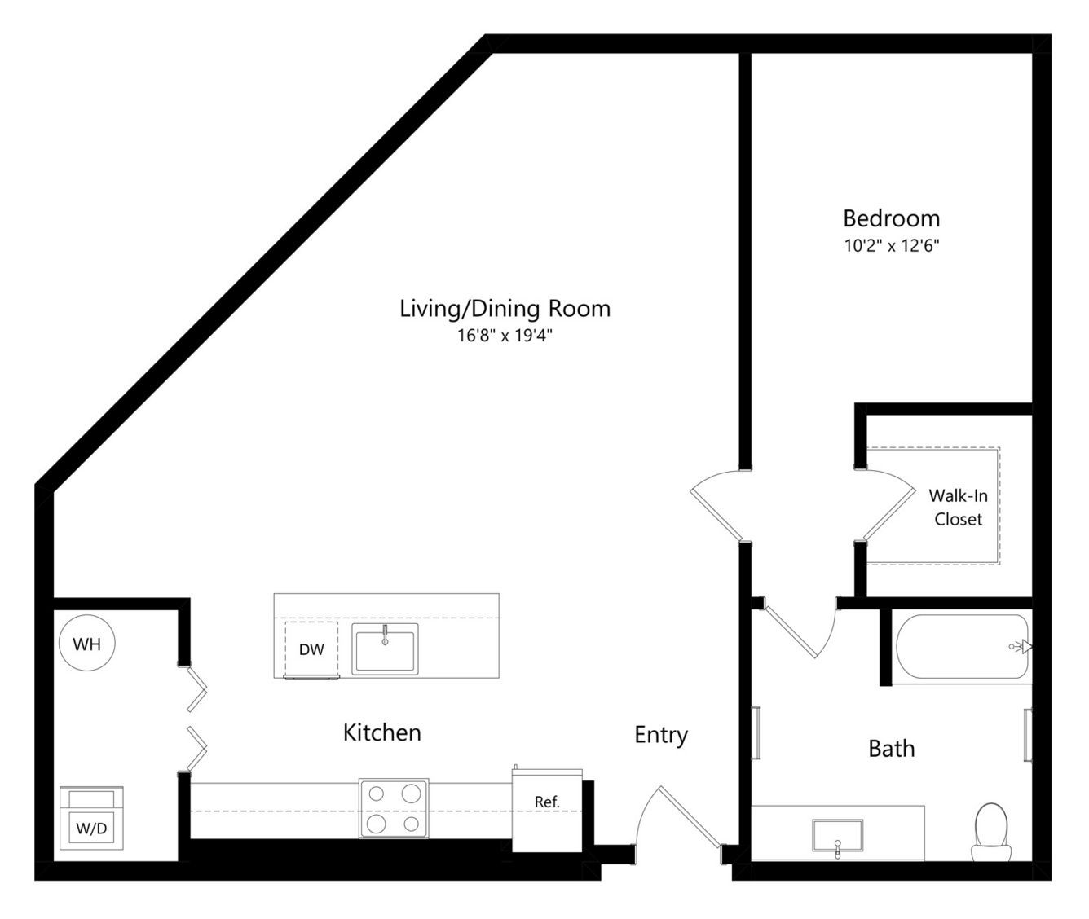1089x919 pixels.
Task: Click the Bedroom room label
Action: click(x=891, y=218)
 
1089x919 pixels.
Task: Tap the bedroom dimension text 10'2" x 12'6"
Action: click(x=891, y=245)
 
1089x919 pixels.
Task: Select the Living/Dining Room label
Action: click(x=505, y=309)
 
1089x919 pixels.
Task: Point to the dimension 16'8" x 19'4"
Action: click(x=505, y=335)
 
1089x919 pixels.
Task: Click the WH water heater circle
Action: click(x=87, y=644)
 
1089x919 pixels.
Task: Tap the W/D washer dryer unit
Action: click(x=91, y=818)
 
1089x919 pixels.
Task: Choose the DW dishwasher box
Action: click(x=311, y=649)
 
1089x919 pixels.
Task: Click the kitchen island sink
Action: click(x=385, y=649)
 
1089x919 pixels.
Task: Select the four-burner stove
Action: click(x=394, y=808)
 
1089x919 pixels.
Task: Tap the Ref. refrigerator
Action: click(x=547, y=811)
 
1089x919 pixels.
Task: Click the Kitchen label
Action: click(x=381, y=733)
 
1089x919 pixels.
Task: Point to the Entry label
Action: click(x=661, y=735)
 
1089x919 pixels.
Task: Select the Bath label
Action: click(x=891, y=749)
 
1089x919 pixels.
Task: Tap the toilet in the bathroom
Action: click(x=991, y=833)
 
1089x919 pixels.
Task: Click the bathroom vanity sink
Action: click(x=838, y=836)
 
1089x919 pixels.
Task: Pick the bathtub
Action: click(x=963, y=646)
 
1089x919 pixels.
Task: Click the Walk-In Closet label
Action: click(x=958, y=508)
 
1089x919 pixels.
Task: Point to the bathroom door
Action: click(x=800, y=628)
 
